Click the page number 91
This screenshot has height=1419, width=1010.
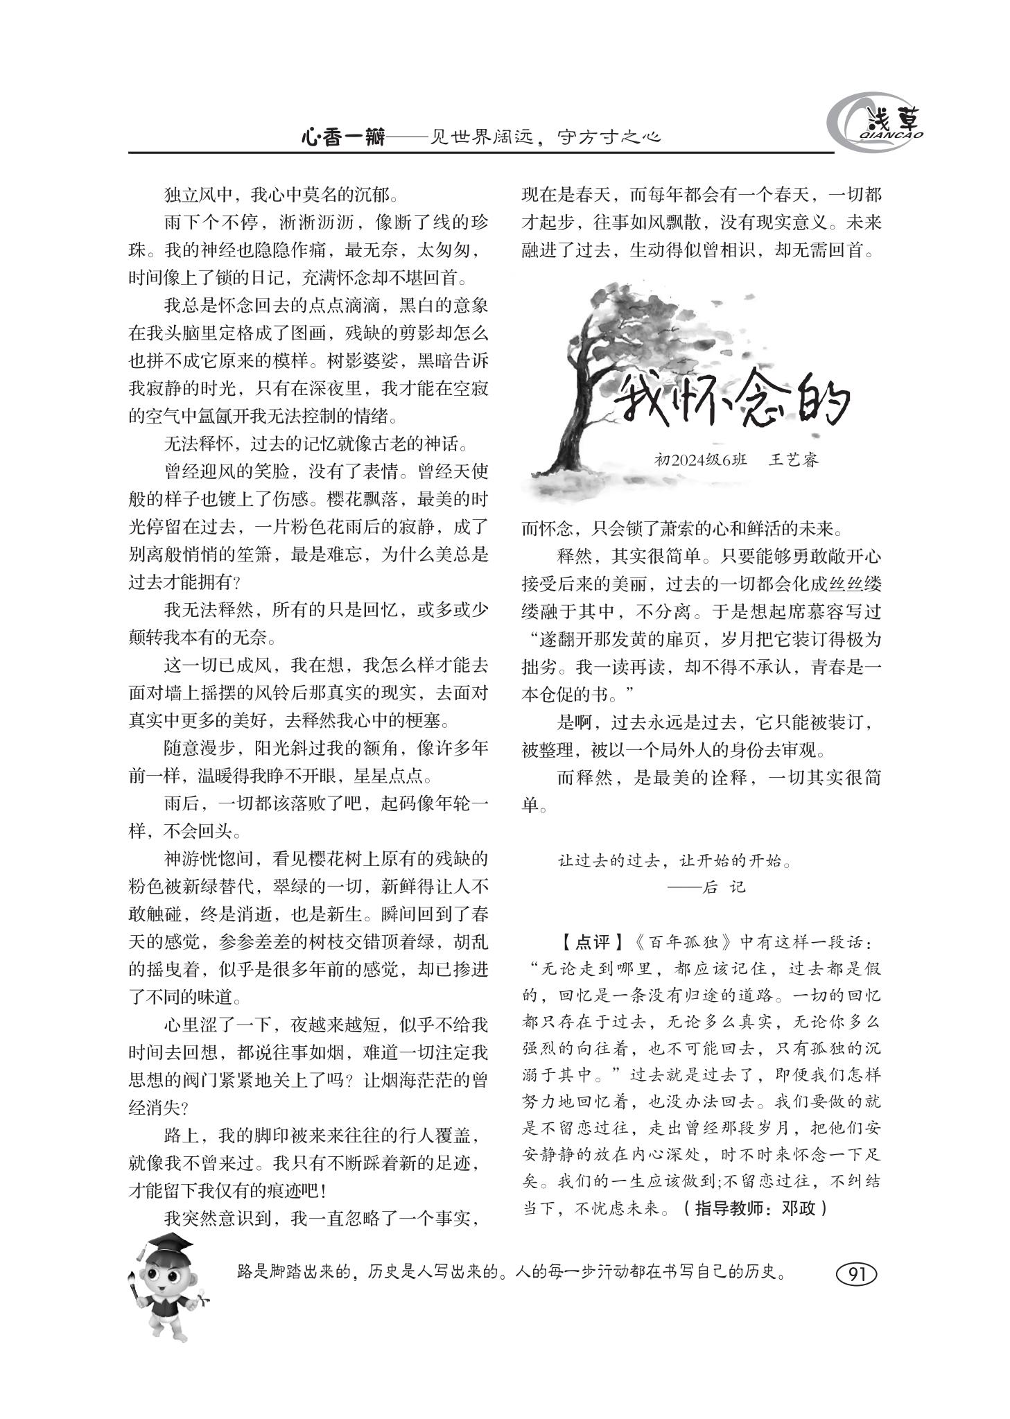[x=857, y=1273]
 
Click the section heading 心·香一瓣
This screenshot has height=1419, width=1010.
[x=342, y=136]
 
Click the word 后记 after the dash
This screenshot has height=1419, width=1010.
[x=724, y=887]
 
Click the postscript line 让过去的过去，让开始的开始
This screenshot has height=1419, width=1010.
[x=674, y=861]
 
